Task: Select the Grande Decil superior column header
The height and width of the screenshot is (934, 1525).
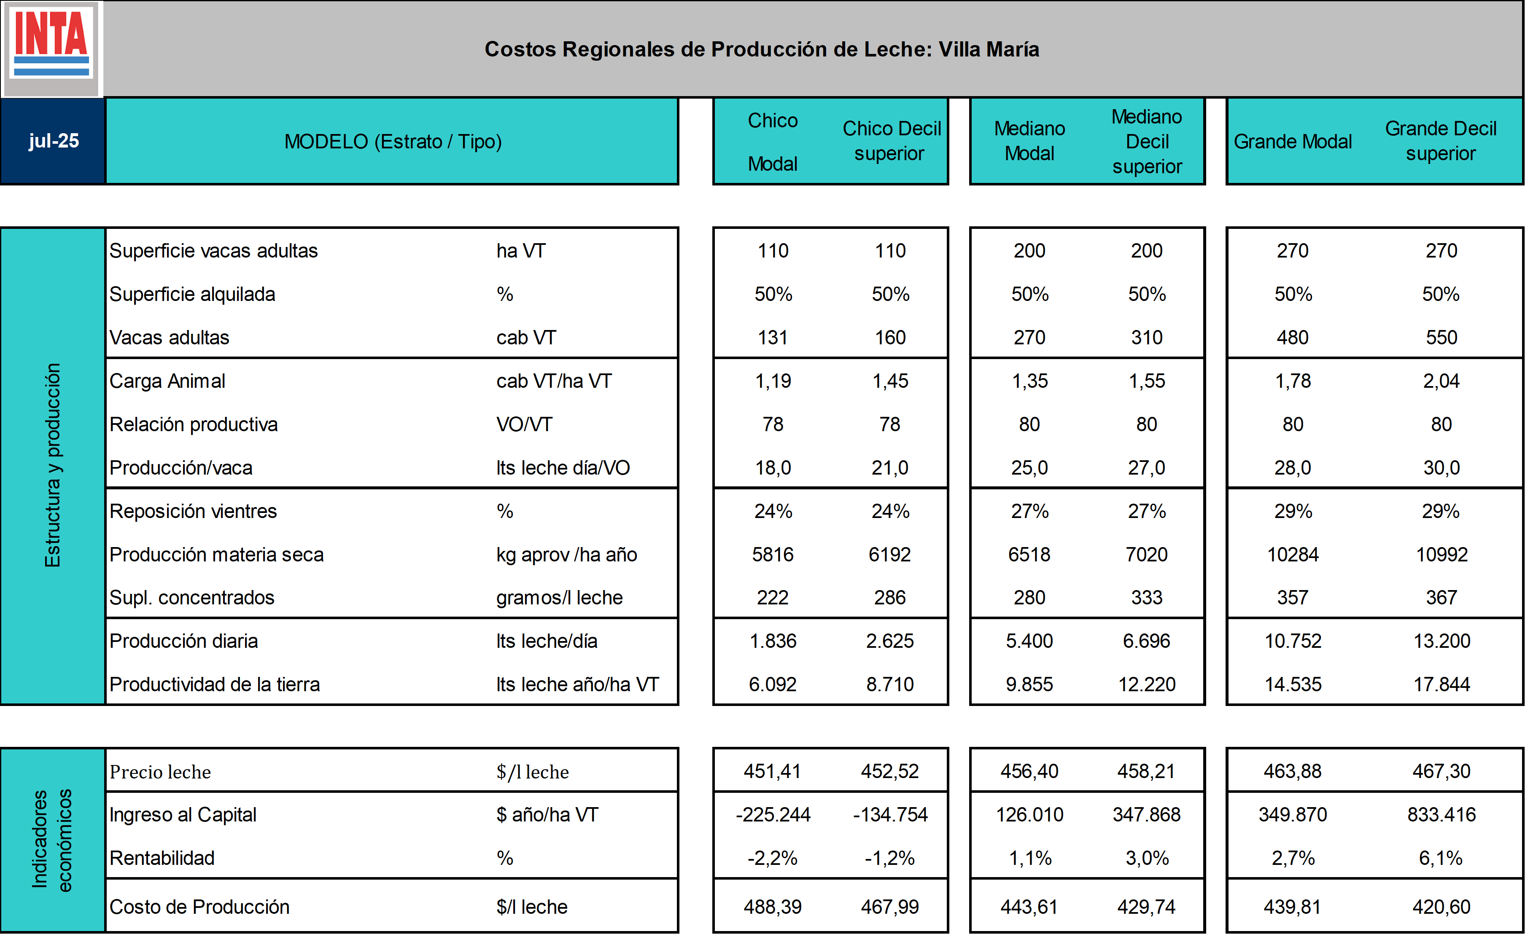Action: click(1440, 141)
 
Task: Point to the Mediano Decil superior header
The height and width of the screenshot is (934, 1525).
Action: click(1147, 142)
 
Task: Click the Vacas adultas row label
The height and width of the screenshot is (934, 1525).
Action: click(170, 338)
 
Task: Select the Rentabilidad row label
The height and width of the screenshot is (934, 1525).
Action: click(162, 858)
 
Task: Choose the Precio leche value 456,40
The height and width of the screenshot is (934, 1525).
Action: click(1029, 771)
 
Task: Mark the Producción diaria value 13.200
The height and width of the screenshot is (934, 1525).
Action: click(1441, 641)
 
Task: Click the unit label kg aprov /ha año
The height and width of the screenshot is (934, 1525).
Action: click(566, 555)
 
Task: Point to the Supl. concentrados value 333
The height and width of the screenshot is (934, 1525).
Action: click(1146, 598)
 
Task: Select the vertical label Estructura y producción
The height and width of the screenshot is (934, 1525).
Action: click(53, 465)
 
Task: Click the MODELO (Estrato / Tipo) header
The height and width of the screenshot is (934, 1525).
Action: click(393, 142)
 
